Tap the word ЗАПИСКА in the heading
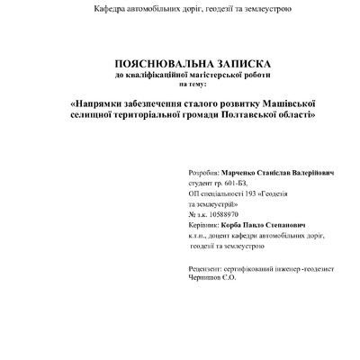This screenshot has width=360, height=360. point(229,65)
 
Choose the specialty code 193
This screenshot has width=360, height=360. point(254,193)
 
